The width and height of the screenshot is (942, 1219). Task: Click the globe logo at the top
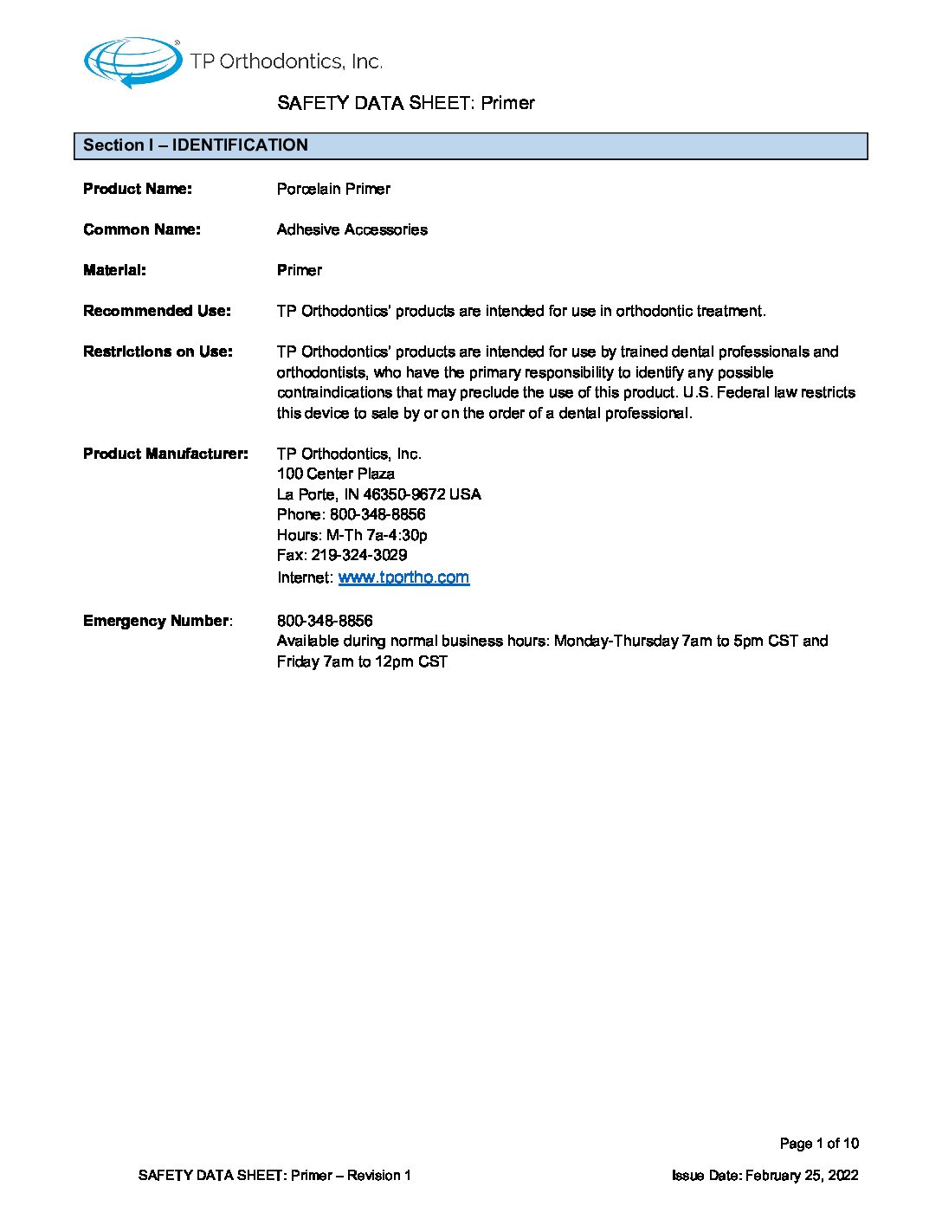pyautogui.click(x=132, y=61)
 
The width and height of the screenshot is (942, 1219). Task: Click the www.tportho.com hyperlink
pyautogui.click(x=403, y=577)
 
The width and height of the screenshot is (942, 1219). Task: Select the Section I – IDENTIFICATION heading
pyautogui.click(x=196, y=145)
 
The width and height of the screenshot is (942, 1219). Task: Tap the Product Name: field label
pyautogui.click(x=138, y=189)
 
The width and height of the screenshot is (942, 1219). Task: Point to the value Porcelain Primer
pyautogui.click(x=333, y=189)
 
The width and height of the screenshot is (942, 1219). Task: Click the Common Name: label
pyautogui.click(x=142, y=229)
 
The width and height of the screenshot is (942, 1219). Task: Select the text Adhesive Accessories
pyautogui.click(x=352, y=229)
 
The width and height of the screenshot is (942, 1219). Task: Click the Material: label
pyautogui.click(x=114, y=270)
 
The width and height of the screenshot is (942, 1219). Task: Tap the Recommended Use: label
pyautogui.click(x=157, y=311)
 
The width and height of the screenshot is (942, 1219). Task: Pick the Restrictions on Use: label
pyautogui.click(x=158, y=352)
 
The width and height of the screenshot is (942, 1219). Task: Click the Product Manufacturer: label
pyautogui.click(x=165, y=454)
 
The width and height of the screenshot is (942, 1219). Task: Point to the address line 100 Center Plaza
pyautogui.click(x=336, y=474)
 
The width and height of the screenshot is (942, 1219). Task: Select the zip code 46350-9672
pyautogui.click(x=404, y=494)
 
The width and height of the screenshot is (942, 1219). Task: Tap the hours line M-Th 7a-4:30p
pyautogui.click(x=377, y=535)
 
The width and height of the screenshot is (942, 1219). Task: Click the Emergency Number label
pyautogui.click(x=157, y=621)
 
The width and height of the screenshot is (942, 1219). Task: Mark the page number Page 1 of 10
pyautogui.click(x=819, y=1144)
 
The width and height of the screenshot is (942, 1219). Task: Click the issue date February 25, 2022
pyautogui.click(x=802, y=1175)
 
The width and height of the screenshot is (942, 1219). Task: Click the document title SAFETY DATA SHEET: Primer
pyautogui.click(x=406, y=103)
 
